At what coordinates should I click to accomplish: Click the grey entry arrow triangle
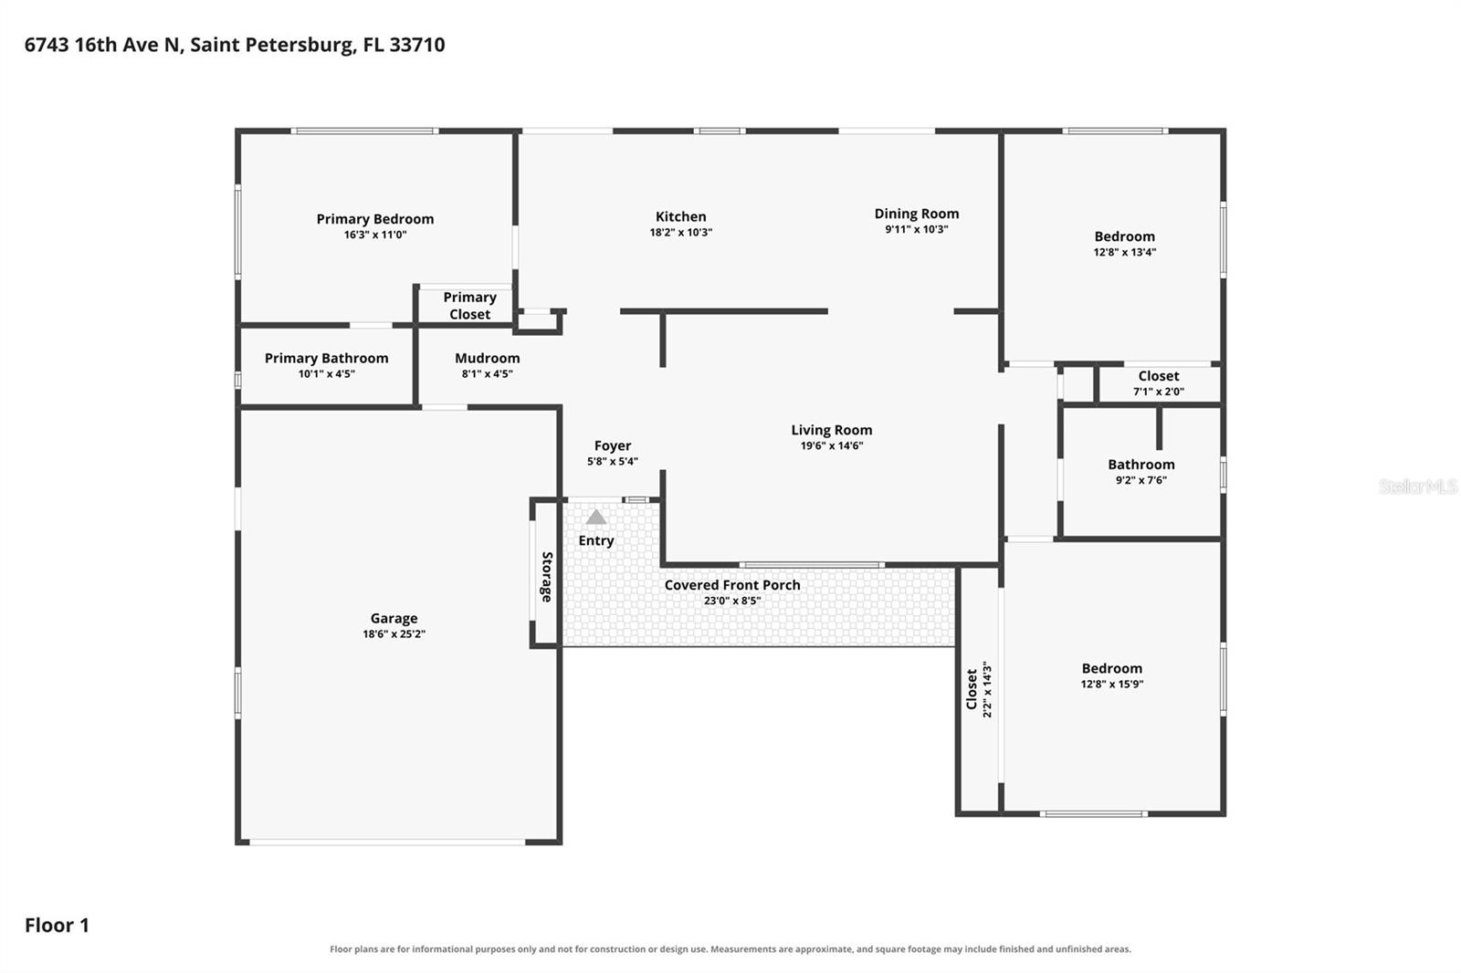click(595, 518)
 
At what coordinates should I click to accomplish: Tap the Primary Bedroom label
click(375, 219)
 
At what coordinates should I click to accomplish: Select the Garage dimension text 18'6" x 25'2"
click(394, 633)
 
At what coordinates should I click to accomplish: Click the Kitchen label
click(681, 216)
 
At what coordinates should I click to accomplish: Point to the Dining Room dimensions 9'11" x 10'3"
click(917, 229)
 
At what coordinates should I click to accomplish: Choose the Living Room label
click(832, 431)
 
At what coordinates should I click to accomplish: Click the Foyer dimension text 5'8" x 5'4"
click(613, 461)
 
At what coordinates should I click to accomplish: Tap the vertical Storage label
click(547, 577)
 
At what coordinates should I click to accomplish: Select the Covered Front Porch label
click(732, 585)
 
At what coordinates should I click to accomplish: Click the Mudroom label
click(488, 358)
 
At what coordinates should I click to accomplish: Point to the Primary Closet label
click(469, 306)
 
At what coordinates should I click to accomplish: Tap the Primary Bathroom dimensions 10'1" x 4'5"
click(327, 373)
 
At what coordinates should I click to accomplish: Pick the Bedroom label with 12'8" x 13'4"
click(1124, 236)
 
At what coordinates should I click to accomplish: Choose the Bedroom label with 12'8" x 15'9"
click(1112, 668)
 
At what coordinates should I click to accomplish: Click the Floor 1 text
click(57, 926)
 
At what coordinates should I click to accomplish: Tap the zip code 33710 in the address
click(416, 45)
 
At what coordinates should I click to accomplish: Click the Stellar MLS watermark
click(1418, 486)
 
